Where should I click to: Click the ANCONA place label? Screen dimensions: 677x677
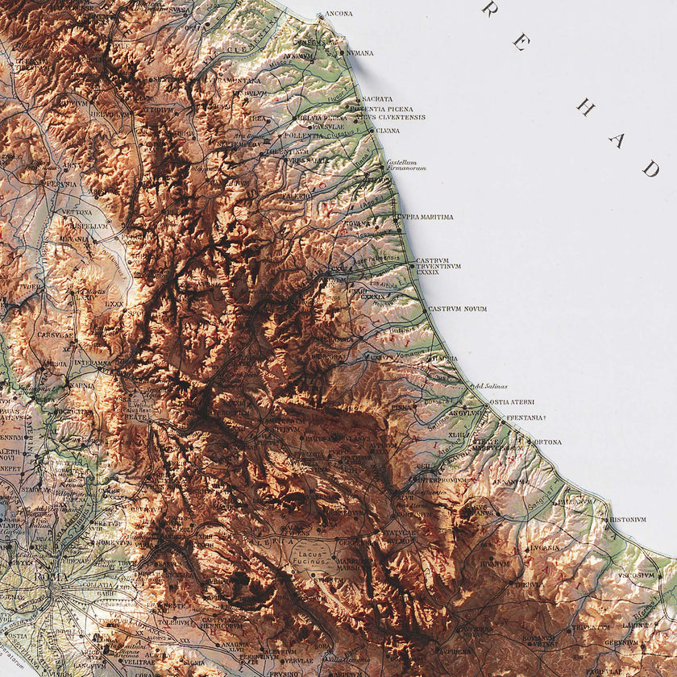(x=338, y=14)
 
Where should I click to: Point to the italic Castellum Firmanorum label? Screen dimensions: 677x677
(x=405, y=165)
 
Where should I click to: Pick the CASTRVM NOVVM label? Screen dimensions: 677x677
(x=458, y=309)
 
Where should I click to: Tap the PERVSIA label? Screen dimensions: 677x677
(x=60, y=184)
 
